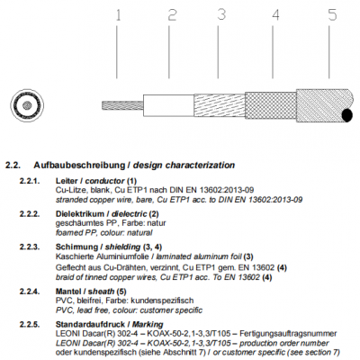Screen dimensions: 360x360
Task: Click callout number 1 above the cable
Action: coord(118,15)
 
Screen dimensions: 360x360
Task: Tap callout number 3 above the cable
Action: coord(221,14)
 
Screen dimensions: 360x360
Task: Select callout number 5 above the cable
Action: coord(332,14)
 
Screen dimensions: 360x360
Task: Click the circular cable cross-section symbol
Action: coord(27,105)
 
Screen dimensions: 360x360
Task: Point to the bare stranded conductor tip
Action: coord(122,105)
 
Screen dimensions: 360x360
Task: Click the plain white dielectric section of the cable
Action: coord(168,105)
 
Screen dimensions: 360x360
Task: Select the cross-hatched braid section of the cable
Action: coord(271,105)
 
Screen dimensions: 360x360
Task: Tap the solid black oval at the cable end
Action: coord(347,115)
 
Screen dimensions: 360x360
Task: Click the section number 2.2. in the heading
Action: coord(13,166)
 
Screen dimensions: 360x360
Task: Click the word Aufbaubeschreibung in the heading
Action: coord(79,166)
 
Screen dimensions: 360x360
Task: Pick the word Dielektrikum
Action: coord(80,214)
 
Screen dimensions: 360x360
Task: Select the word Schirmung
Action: coord(77,247)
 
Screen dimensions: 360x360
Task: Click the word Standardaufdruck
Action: coord(90,324)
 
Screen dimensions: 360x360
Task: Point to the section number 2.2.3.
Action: coord(30,247)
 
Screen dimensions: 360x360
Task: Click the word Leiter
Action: coord(66,181)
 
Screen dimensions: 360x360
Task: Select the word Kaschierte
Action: coord(75,256)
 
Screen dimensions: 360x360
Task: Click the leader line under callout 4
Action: coord(273,52)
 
